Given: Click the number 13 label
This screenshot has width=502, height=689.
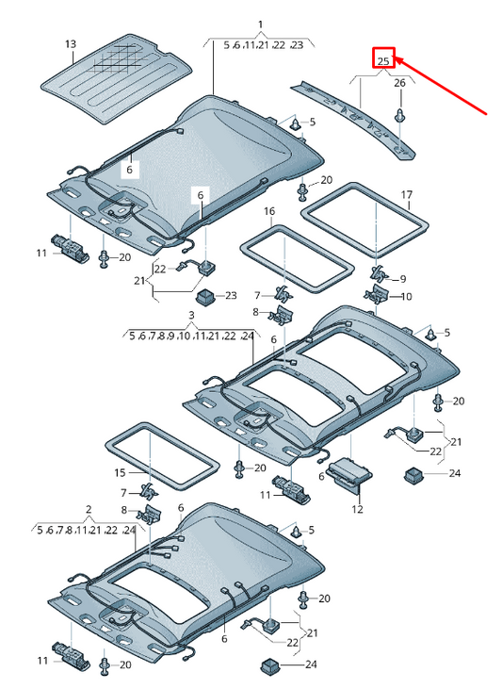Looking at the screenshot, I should (x=70, y=44).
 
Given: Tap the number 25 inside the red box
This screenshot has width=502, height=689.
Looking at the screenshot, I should (x=383, y=61).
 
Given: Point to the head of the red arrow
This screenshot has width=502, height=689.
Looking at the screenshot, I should (x=397, y=59).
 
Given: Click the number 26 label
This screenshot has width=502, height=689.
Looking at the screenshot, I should (x=399, y=84).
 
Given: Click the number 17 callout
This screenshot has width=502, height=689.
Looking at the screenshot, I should (x=407, y=195).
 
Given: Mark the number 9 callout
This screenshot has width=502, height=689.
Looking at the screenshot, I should (x=402, y=279).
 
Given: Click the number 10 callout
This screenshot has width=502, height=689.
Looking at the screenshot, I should (x=406, y=297).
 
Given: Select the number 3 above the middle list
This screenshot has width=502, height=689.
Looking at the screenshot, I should (x=191, y=314).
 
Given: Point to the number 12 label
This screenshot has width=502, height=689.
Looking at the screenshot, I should (x=357, y=509).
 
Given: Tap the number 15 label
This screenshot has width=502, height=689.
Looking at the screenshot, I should (x=120, y=472).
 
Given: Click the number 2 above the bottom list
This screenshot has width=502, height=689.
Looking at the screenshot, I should (x=89, y=510).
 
